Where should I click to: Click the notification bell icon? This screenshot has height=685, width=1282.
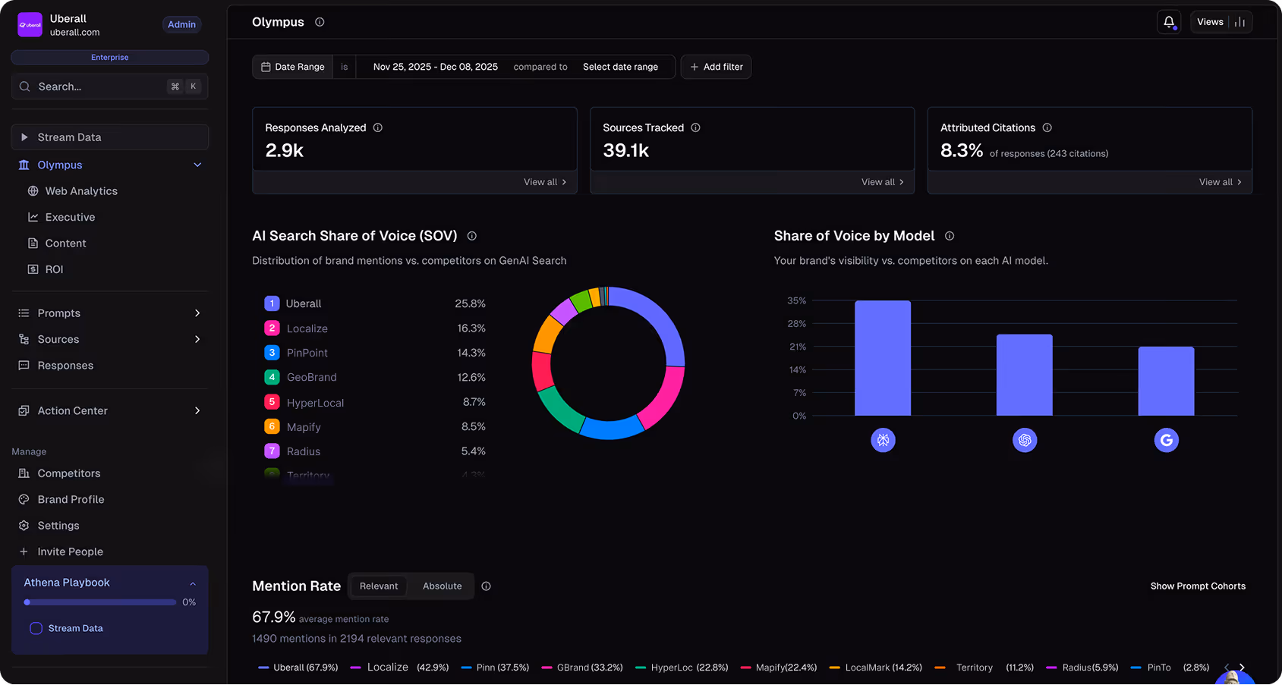coord(1169,22)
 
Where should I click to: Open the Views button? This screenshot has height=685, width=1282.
coord(1221,22)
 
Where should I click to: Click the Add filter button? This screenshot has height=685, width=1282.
coord(716,67)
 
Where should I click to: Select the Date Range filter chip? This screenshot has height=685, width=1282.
coord(293,67)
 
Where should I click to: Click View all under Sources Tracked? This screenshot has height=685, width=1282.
coord(882,182)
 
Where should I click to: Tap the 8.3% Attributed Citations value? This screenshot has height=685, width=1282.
coord(961,150)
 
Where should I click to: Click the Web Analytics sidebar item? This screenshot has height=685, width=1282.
coord(81,191)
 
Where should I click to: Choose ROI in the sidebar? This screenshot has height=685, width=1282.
coord(54,269)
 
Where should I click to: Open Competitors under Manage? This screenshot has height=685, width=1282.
coord(68,473)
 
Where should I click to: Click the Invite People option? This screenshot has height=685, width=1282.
coord(70,551)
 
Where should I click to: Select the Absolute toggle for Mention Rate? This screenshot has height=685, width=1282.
coord(442,586)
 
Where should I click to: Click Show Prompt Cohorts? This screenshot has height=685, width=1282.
coord(1197,586)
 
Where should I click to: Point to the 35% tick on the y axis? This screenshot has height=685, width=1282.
coord(796,300)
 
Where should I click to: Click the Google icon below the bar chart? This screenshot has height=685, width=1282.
coord(1166,440)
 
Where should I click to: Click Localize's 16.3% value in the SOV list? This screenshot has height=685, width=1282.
coord(471,328)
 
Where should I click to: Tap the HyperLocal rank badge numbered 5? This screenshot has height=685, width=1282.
coord(272,402)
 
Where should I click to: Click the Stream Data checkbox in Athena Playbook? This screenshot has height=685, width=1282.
coord(36,628)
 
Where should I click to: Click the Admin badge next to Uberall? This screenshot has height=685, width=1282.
coord(181,24)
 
